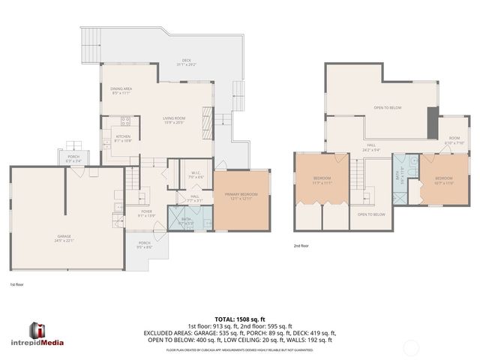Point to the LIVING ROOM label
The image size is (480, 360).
point(174,120)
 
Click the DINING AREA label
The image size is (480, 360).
point(121,90)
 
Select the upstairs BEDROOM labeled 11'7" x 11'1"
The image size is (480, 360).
point(322,180)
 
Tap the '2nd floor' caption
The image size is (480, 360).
point(301,245)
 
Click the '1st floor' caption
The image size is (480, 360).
point(16,285)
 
